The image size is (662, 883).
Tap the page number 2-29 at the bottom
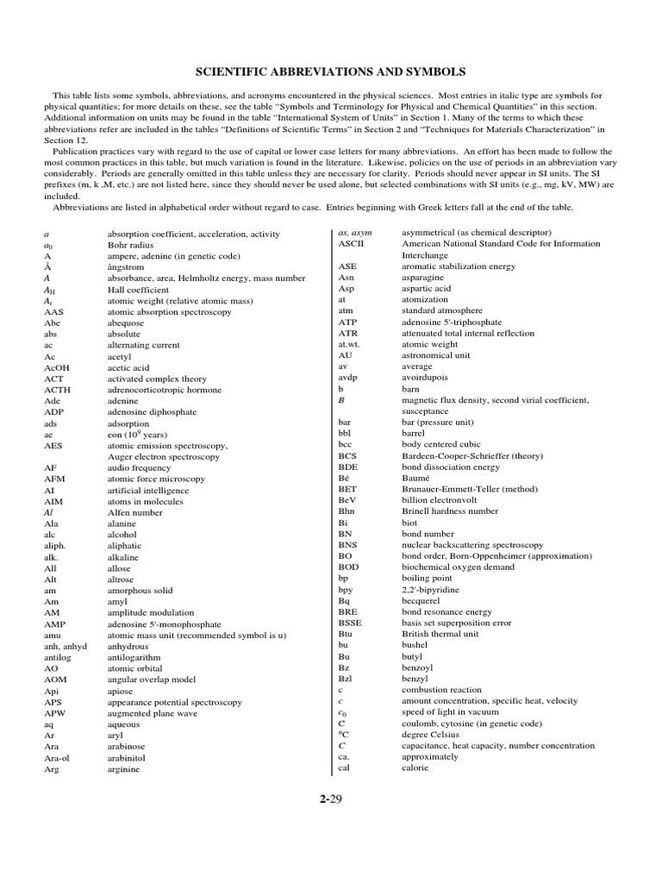coord(331,798)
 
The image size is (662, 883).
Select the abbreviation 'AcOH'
coord(56,367)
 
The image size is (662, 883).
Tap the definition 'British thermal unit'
coord(440,634)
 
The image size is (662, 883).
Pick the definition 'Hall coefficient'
coord(138,290)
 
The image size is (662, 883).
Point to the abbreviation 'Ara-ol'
coord(58,757)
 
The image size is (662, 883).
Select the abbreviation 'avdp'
coord(347,378)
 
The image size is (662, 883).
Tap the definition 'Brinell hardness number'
coord(450,511)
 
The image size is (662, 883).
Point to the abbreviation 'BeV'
coord(347,500)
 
